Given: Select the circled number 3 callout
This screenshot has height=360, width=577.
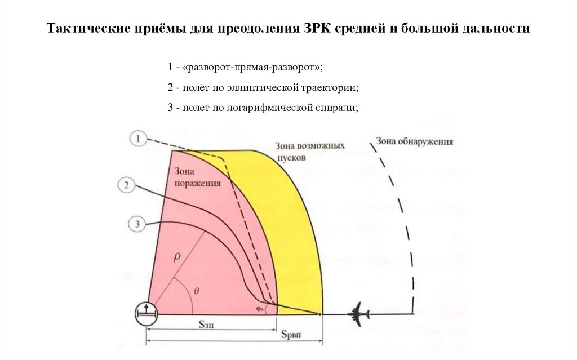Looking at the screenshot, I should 137,225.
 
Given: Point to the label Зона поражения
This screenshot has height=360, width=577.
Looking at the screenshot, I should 197,177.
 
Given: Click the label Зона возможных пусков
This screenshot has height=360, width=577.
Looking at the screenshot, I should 309,152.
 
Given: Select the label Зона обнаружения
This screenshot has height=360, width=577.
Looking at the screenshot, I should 415,141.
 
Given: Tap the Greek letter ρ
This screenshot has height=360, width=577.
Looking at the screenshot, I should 176,257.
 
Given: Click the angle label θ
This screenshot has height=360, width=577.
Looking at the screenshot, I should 196,291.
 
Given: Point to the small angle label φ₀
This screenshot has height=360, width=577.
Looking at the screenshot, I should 260,308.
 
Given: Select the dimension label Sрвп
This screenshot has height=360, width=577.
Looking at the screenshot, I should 291,335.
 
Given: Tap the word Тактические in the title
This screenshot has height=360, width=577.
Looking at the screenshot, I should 87,28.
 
